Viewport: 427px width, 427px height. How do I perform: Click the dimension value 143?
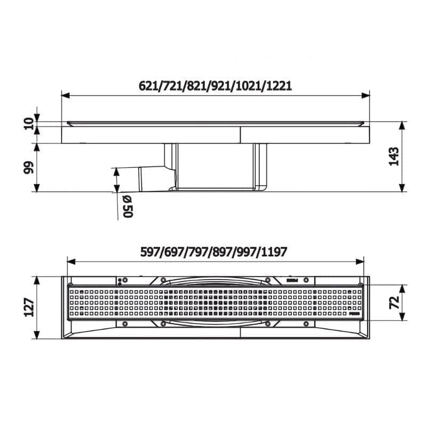[x=393, y=156]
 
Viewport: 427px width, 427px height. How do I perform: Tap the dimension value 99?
[x=29, y=168]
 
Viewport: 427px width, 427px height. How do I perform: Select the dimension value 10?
[x=29, y=124]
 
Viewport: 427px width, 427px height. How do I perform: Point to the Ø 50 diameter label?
[x=128, y=207]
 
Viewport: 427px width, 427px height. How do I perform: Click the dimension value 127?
[x=29, y=307]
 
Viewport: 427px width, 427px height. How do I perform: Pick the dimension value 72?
[x=394, y=302]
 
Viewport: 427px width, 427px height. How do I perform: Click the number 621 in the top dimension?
[x=148, y=86]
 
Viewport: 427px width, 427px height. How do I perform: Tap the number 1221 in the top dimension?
[x=279, y=86]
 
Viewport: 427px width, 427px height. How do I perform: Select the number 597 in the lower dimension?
[x=149, y=252]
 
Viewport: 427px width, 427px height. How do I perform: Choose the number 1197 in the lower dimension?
[x=274, y=252]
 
